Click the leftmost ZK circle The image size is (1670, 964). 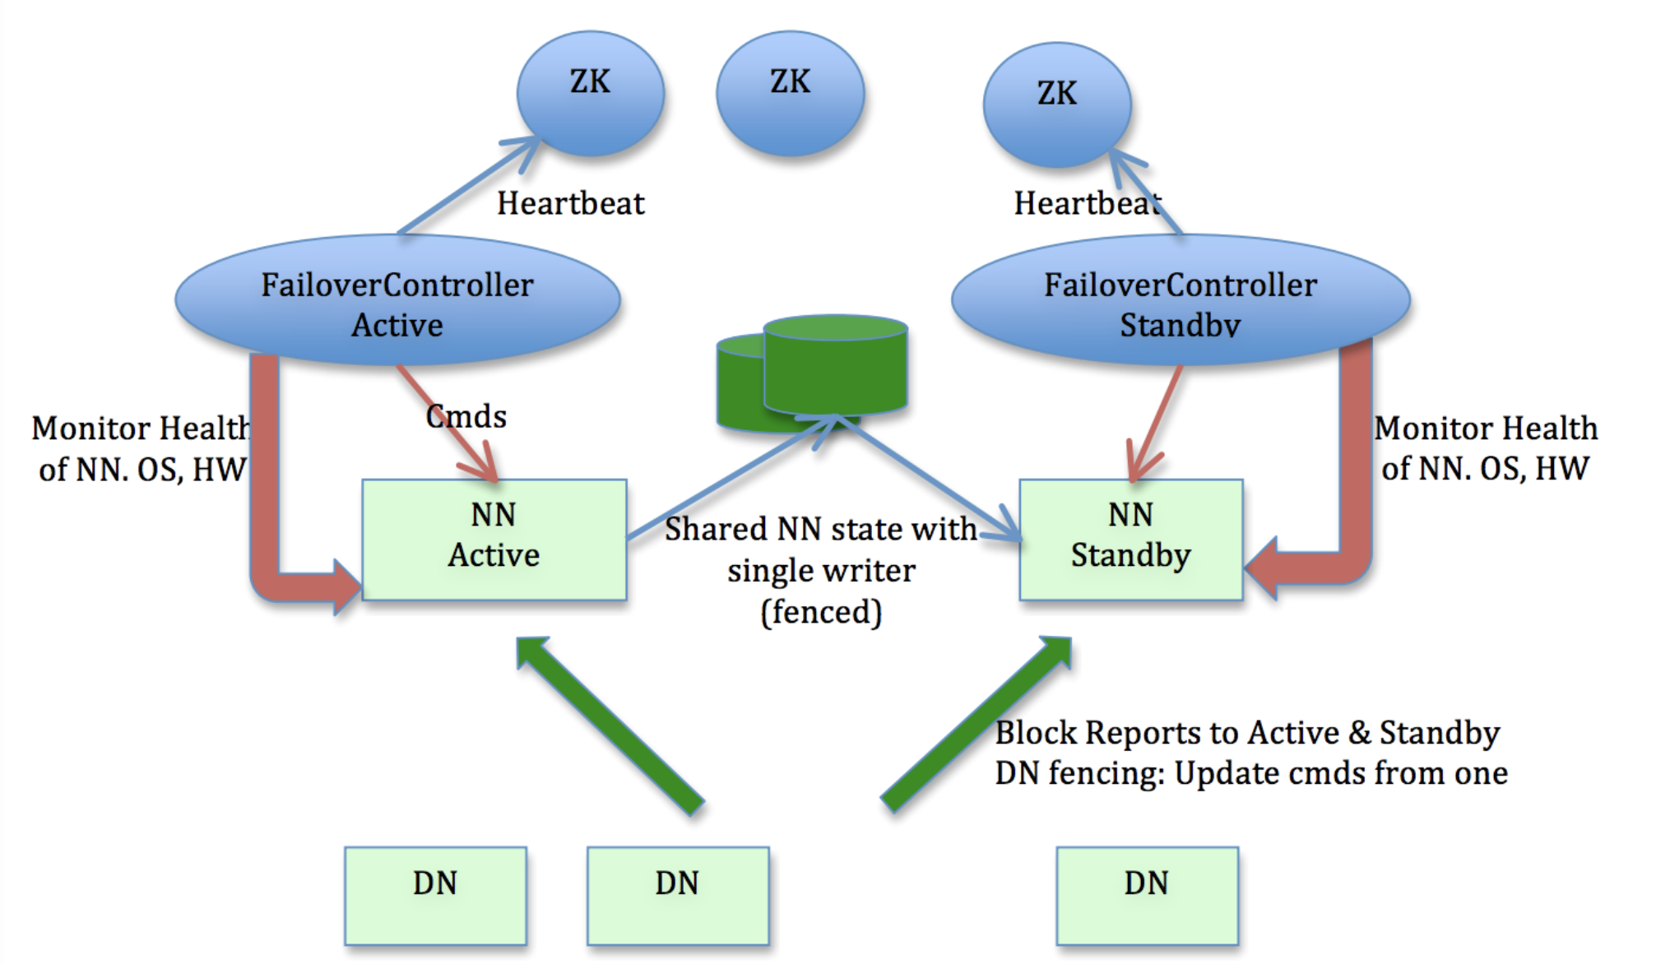590,93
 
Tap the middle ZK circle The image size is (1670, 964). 790,93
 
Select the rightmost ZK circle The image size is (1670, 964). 1056,104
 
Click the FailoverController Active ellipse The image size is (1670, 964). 397,301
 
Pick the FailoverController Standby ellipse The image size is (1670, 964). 1180,301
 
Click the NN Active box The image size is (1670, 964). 494,539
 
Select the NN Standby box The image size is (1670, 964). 1130,539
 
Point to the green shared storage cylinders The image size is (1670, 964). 823,370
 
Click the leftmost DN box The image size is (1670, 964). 435,895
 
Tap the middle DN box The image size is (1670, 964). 677,895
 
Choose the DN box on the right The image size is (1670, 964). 1147,895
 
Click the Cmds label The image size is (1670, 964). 466,416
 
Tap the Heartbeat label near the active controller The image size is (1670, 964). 570,203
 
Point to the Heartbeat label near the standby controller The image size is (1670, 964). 1086,203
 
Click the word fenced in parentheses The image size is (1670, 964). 821,612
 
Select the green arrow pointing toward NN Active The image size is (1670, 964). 609,724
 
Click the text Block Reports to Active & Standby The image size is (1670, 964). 1247,732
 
